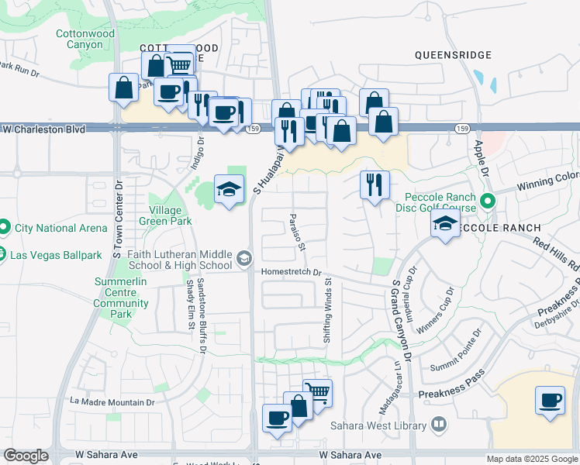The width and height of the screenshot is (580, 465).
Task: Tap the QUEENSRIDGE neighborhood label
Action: pos(454,55)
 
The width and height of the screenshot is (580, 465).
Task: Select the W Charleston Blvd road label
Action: pos(43,129)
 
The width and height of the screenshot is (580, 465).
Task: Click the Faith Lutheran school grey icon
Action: pos(243,258)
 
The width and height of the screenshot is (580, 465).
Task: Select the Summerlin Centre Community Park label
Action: pos(121,298)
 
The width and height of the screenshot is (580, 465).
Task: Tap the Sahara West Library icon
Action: pos(439,424)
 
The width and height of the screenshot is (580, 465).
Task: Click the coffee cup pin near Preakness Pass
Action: pos(550,401)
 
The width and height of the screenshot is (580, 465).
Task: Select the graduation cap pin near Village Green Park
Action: pos(229,189)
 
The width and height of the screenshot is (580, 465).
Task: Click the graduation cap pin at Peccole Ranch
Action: pos(445,225)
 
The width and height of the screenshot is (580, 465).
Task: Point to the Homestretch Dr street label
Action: pos(291,272)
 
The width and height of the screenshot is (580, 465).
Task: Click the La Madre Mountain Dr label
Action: pos(112,402)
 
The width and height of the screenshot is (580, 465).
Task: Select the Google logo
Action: pos(26,456)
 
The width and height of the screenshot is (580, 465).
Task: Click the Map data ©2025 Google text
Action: pos(532,459)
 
